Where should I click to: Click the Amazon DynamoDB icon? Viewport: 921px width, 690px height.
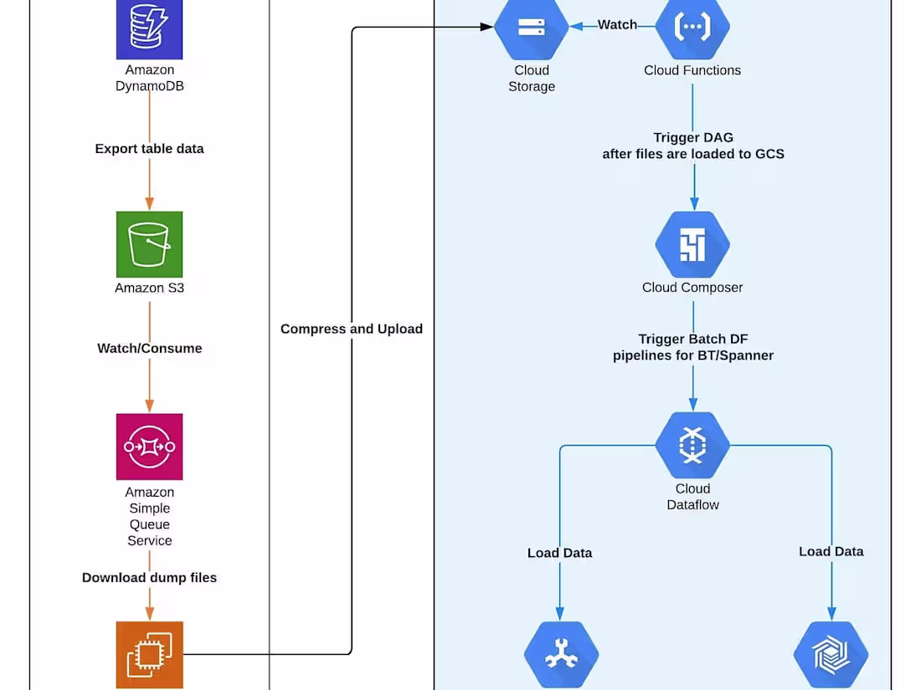pyautogui.click(x=149, y=29)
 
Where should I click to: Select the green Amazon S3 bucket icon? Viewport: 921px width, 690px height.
pyautogui.click(x=149, y=244)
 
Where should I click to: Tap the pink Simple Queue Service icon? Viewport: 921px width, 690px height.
pyautogui.click(x=149, y=447)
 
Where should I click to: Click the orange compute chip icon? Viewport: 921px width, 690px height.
pyautogui.click(x=149, y=654)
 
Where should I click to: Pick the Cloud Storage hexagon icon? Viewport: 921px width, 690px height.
pyautogui.click(x=532, y=28)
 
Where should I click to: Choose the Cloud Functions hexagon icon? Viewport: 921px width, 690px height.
pyautogui.click(x=692, y=28)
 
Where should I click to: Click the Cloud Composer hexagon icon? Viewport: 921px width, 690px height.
pyautogui.click(x=692, y=245)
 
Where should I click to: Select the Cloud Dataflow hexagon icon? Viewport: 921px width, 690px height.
pyautogui.click(x=692, y=445)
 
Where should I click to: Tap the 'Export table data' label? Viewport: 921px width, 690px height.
pyautogui.click(x=149, y=149)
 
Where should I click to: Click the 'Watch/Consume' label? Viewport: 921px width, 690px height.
pyautogui.click(x=149, y=349)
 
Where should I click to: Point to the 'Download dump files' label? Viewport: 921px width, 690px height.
pyautogui.click(x=149, y=578)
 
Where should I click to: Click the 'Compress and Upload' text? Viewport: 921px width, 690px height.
pyautogui.click(x=351, y=330)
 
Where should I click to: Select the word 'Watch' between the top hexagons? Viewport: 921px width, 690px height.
pyautogui.click(x=617, y=25)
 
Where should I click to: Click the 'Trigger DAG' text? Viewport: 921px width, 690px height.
pyautogui.click(x=693, y=138)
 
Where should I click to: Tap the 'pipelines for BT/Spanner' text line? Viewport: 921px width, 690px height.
pyautogui.click(x=693, y=355)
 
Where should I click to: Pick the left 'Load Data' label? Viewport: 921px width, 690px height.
pyautogui.click(x=559, y=553)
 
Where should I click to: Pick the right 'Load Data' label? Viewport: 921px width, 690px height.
pyautogui.click(x=831, y=552)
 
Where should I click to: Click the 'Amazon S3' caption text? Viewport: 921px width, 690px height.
pyautogui.click(x=149, y=289)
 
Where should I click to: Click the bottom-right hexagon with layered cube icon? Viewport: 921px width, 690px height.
pyautogui.click(x=831, y=654)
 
